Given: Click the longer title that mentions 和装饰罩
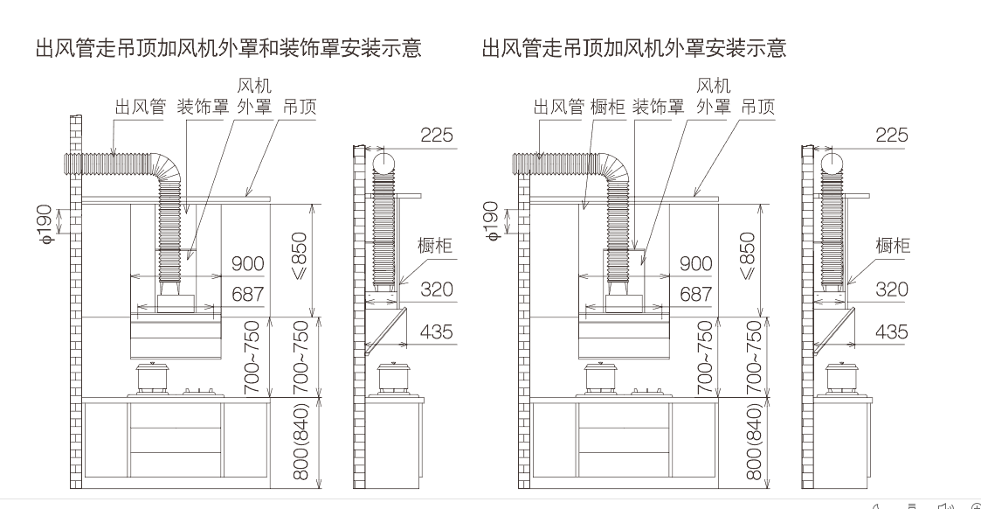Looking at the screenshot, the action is pos(228,47).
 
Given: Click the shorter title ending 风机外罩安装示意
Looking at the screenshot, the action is pos(634,47).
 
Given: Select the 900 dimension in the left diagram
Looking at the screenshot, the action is pos(248,263).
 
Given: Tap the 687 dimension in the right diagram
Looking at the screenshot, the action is pos(695,294).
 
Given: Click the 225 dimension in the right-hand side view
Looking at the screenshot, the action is pos(892,135).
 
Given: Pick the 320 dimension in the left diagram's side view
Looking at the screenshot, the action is pos(437,289).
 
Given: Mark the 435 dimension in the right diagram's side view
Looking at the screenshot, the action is pos(892,331).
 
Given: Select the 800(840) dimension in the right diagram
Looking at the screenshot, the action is pos(755,442).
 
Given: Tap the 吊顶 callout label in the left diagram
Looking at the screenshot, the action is pos(300,107).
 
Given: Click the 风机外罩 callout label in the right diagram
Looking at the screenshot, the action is pos(714,96).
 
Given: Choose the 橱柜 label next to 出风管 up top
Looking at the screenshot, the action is pos(607,107).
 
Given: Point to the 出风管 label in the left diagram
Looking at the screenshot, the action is pos(140,107).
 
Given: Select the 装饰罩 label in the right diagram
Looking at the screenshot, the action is pos(659,107).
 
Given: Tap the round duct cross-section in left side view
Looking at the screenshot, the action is pos(383,163).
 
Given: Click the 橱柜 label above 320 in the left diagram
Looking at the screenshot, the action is pos(435,245).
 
